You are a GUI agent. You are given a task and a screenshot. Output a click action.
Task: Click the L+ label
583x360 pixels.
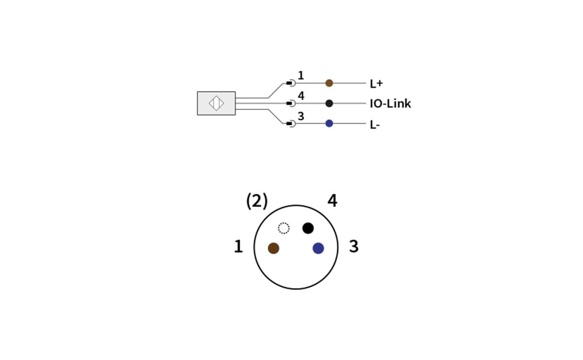[376, 84]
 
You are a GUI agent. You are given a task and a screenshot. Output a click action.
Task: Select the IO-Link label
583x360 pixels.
[390, 103]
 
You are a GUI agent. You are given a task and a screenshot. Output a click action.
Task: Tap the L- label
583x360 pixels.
[375, 124]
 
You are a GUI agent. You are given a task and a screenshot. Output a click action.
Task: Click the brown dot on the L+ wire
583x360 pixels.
[329, 83]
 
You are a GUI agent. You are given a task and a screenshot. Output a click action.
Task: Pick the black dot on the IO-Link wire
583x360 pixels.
[329, 103]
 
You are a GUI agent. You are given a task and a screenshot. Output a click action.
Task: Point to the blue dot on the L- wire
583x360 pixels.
[329, 123]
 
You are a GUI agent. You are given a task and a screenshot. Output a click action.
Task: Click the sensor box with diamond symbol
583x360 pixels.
[216, 103]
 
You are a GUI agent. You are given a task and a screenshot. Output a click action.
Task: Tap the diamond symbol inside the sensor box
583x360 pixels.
[216, 103]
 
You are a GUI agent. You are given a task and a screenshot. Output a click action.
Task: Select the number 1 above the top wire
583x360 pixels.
[301, 76]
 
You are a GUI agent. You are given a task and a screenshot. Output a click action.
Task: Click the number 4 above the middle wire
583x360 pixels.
[301, 96]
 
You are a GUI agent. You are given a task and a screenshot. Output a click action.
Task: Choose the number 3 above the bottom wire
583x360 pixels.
[301, 117]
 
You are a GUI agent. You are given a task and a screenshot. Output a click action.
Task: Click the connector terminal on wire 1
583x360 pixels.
[291, 83]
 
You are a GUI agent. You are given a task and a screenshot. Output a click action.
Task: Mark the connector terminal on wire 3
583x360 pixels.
[291, 124]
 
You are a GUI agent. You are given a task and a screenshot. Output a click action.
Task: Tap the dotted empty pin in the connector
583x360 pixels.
[284, 228]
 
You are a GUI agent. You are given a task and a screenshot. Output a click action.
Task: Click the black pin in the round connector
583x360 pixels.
[308, 228]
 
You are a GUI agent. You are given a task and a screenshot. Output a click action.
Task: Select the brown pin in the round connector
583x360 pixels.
[274, 248]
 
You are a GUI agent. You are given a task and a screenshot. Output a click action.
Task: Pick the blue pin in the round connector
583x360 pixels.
[318, 248]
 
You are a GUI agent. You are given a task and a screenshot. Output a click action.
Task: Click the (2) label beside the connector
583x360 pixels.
[257, 201]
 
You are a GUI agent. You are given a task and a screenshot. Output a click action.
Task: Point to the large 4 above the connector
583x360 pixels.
[332, 201]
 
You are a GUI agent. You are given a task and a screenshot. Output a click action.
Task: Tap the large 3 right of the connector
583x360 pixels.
[354, 247]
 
